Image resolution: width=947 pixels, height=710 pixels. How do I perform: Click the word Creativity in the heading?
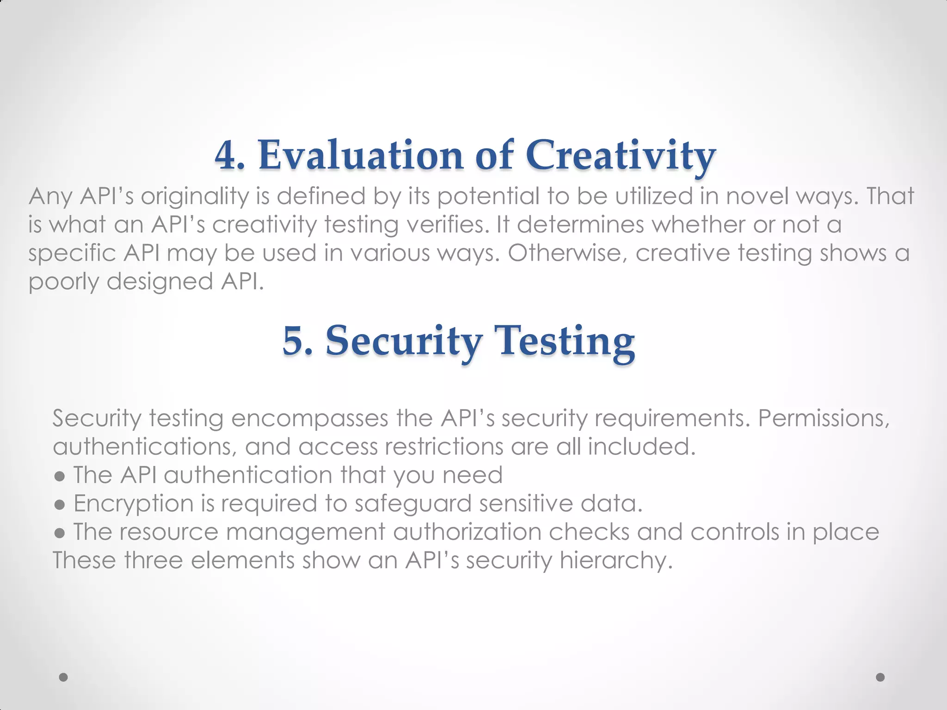pos(621,156)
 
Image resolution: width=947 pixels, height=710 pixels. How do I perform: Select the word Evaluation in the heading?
pos(361,156)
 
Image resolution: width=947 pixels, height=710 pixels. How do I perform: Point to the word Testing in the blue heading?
pos(565,341)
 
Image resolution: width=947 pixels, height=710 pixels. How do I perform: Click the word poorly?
pos(64,282)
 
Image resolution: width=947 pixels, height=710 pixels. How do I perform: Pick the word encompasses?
pos(309,419)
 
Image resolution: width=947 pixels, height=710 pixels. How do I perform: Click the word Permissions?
pos(824,419)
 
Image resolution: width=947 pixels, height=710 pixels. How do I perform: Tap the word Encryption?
pos(134,504)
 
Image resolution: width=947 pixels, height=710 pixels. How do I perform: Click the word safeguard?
pos(413,504)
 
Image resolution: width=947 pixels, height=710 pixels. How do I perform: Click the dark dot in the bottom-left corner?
pos(64,677)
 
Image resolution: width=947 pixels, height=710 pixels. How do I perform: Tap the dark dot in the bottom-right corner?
pos(880,677)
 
